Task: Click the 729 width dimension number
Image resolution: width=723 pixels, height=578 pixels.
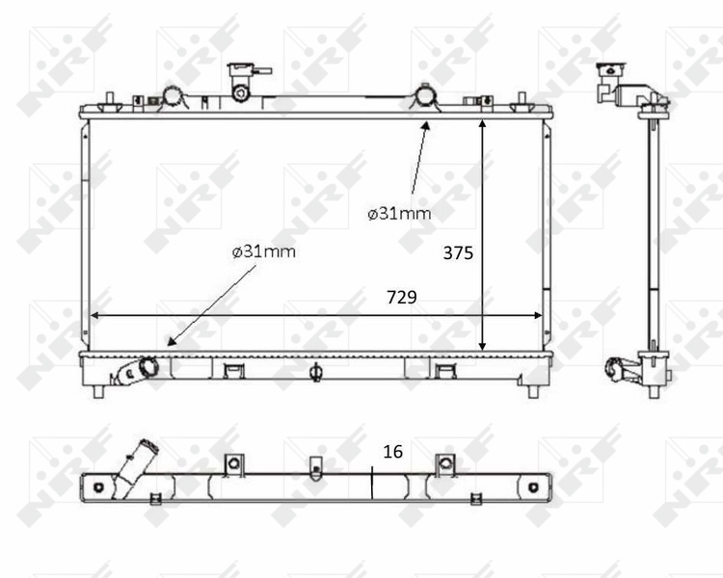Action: tap(401, 298)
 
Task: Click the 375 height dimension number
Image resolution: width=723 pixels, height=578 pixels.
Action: tap(458, 253)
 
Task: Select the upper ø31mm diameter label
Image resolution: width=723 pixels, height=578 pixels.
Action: tap(398, 213)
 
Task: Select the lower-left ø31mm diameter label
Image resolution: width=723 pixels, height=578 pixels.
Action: tap(263, 251)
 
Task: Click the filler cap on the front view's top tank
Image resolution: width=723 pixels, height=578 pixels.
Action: tap(241, 79)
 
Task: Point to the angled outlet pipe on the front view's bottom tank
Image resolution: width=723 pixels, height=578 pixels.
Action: tap(136, 371)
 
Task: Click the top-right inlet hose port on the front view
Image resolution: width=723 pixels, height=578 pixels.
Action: tap(424, 96)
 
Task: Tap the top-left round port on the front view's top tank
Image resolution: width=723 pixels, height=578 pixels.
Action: tap(173, 96)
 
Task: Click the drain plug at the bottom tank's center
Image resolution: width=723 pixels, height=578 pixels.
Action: tap(315, 372)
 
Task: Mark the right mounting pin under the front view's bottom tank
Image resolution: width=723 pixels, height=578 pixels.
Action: tap(533, 389)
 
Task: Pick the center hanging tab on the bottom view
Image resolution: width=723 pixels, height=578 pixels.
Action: tap(315, 468)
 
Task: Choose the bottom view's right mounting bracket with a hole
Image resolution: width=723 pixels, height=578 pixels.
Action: tap(444, 464)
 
